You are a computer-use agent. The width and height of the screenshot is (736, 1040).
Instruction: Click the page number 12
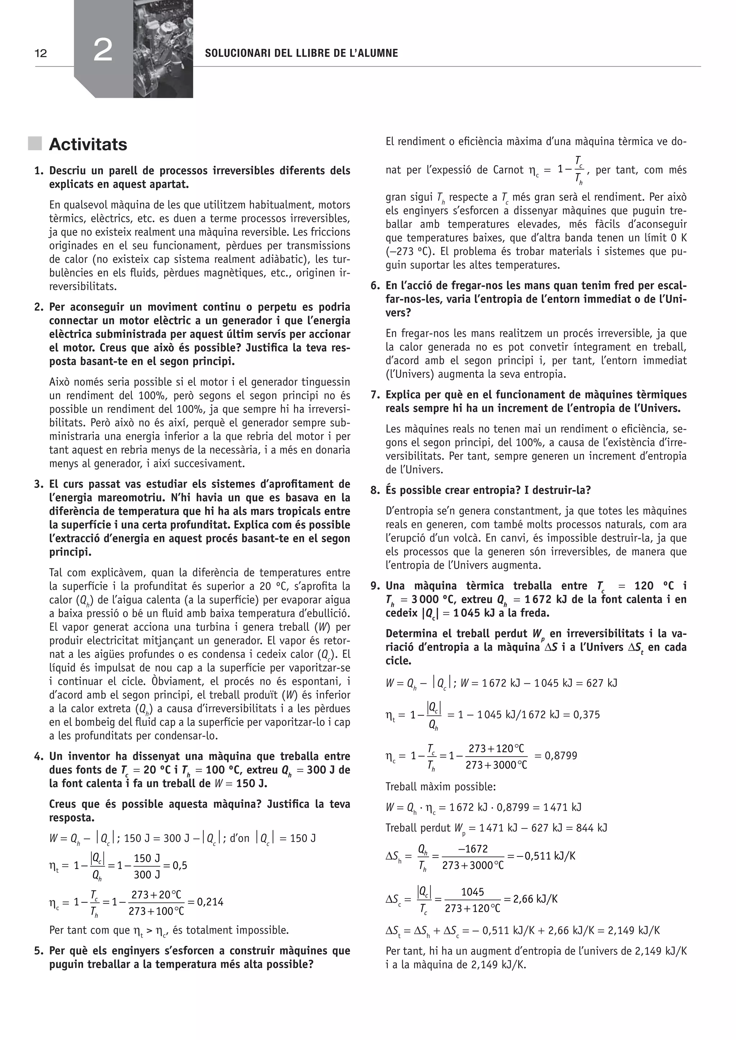click(x=41, y=54)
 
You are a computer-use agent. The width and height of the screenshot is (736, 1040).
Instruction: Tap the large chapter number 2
click(x=103, y=50)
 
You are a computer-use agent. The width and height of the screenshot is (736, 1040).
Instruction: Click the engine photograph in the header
click(x=163, y=48)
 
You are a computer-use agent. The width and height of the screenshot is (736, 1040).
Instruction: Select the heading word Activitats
click(x=88, y=144)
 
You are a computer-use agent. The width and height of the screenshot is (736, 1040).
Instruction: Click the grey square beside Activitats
click(x=34, y=144)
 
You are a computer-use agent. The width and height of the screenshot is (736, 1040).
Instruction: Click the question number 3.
click(x=38, y=484)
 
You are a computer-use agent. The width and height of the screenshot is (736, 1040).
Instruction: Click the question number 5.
click(x=38, y=951)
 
